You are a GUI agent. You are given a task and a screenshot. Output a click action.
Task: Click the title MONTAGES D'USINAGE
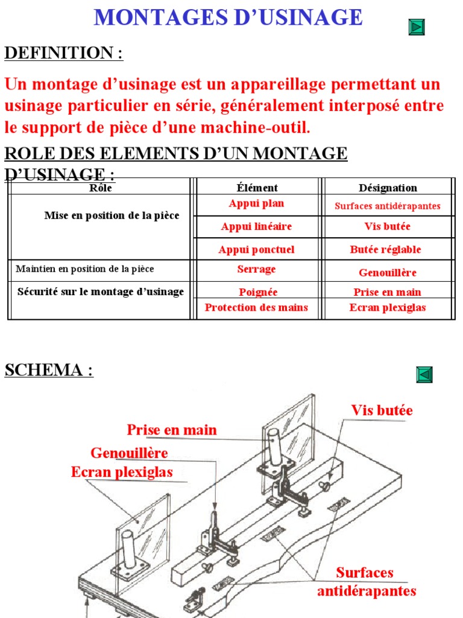pyautogui.click(x=228, y=18)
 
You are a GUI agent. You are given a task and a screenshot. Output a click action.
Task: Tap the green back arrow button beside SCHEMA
pyautogui.click(x=424, y=375)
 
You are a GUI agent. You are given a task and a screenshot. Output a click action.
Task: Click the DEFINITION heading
pyautogui.click(x=63, y=53)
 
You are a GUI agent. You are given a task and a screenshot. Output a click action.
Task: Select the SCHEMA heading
pyautogui.click(x=49, y=370)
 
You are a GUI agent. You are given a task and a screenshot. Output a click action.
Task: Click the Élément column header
pyautogui.click(x=257, y=188)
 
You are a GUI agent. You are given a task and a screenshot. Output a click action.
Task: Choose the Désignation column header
pyautogui.click(x=388, y=188)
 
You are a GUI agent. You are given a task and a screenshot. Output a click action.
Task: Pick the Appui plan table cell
pyautogui.click(x=256, y=204)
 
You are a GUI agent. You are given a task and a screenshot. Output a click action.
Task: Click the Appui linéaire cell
pyautogui.click(x=256, y=227)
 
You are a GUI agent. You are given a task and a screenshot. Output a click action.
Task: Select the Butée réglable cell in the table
pyautogui.click(x=385, y=250)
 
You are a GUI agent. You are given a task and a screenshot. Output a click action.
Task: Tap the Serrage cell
pyautogui.click(x=256, y=269)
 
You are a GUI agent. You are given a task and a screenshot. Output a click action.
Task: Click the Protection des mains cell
pyautogui.click(x=256, y=308)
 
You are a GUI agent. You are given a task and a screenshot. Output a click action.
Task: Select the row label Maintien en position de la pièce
pyautogui.click(x=93, y=269)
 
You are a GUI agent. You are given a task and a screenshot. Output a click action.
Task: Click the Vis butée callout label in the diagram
pyautogui.click(x=382, y=410)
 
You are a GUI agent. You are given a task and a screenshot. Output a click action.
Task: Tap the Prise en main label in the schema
pyautogui.click(x=172, y=430)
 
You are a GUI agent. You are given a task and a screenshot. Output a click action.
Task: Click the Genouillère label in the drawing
pyautogui.click(x=129, y=453)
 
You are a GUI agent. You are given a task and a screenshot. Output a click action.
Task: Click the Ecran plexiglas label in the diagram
pyautogui.click(x=122, y=472)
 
